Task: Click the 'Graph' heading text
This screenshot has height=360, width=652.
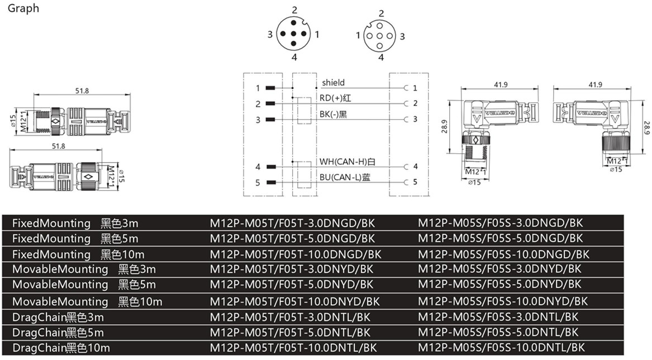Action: click(23, 8)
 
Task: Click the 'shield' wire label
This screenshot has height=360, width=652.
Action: click(333, 83)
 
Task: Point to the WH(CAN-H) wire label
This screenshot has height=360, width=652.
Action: click(347, 162)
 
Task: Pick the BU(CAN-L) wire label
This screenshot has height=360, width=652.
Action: click(345, 177)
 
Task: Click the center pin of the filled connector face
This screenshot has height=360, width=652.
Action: click(292, 35)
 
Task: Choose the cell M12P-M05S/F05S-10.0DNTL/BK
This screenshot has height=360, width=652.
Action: click(501, 348)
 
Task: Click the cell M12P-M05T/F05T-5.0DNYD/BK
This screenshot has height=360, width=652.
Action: click(291, 284)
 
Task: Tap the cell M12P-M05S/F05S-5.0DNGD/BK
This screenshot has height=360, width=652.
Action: click(500, 238)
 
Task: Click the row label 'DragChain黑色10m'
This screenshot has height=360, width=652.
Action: click(61, 348)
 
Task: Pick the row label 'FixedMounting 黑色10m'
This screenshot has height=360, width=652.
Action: click(78, 254)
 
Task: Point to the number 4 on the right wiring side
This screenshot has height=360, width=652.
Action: click(415, 167)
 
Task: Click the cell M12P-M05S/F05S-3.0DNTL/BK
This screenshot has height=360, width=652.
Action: click(498, 316)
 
